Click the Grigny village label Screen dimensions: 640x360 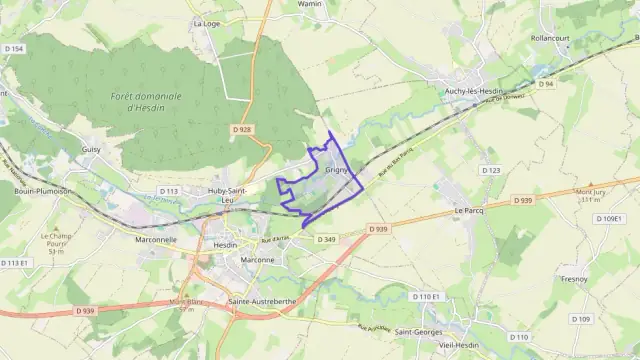(336, 171)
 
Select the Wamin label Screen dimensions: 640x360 (310, 4)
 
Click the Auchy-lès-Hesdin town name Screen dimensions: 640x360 (478, 89)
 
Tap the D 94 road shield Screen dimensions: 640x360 (546, 84)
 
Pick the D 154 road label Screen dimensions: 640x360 (13, 48)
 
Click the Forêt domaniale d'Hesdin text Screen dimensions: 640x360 (147, 100)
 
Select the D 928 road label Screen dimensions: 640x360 (241, 129)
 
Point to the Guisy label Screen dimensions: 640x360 (91, 149)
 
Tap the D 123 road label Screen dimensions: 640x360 (491, 171)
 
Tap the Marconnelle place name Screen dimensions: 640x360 (155, 239)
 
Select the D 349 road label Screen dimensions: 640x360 (326, 239)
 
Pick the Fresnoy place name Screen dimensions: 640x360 (574, 278)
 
